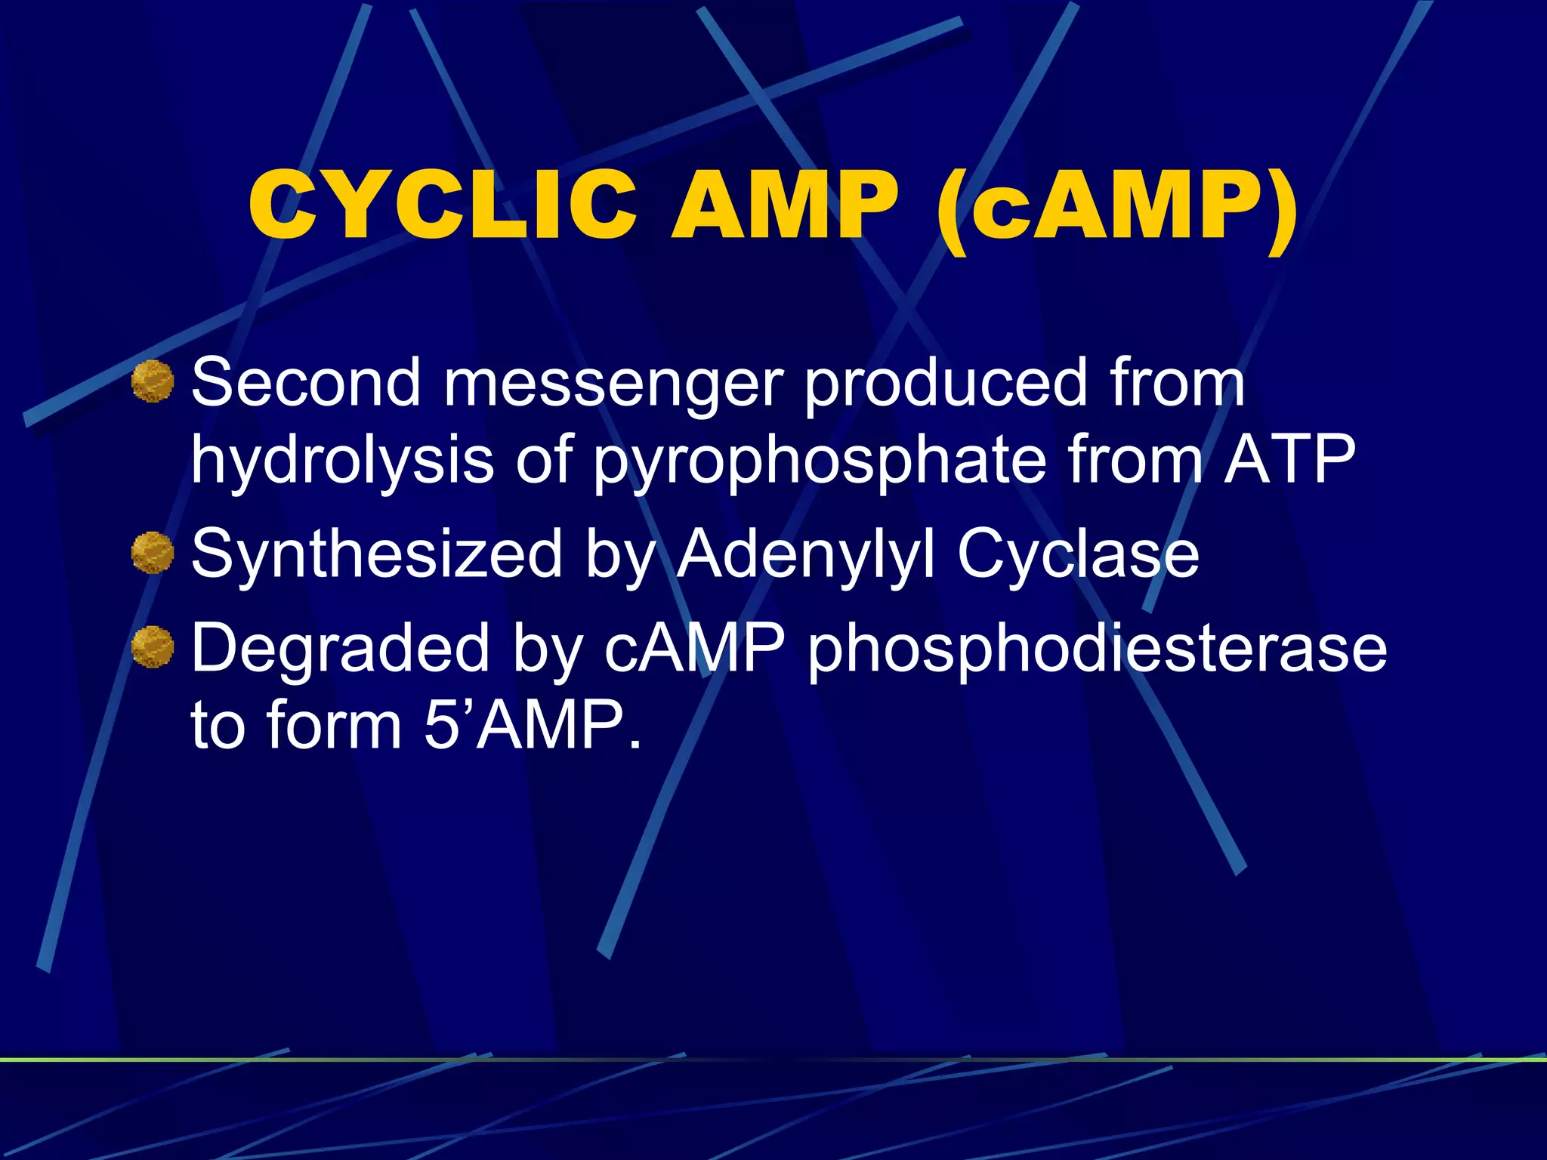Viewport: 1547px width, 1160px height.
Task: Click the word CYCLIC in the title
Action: pos(443,205)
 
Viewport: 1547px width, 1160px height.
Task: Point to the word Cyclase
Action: pos(1078,555)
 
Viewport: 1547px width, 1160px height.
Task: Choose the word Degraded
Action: pos(341,649)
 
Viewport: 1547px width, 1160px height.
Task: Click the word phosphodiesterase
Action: pos(1097,650)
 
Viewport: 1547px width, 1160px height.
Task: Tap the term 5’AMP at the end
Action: pos(533,725)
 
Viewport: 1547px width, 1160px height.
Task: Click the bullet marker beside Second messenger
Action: pos(153,381)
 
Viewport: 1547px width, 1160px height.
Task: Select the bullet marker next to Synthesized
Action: pos(153,553)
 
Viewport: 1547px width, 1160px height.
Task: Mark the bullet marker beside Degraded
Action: pos(153,647)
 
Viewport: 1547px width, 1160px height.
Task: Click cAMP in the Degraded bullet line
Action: pos(694,649)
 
